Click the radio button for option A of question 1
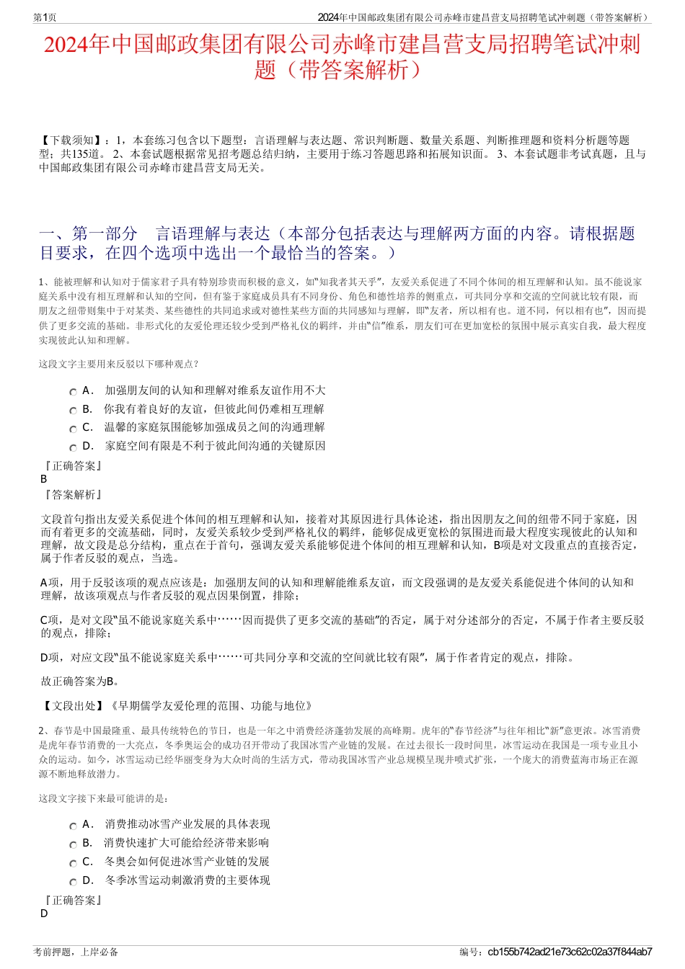coord(73,392)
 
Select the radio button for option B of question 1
coord(73,411)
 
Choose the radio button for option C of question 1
coord(73,429)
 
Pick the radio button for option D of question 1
coord(73,447)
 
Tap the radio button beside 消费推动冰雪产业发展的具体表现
coord(73,826)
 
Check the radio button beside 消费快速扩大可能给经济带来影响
coord(73,844)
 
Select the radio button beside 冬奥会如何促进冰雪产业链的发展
coord(73,863)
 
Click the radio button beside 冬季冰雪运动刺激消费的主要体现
coord(73,882)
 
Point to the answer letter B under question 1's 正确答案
coord(44,479)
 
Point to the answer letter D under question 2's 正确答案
coord(44,914)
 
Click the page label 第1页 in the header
coord(45,17)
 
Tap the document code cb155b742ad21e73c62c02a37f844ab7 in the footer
coord(570,952)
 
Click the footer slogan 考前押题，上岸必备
coord(76,952)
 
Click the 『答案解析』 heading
coord(72,495)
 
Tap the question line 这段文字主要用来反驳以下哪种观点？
coord(119,364)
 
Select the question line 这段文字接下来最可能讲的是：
coord(104,798)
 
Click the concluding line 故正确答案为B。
coord(80,682)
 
